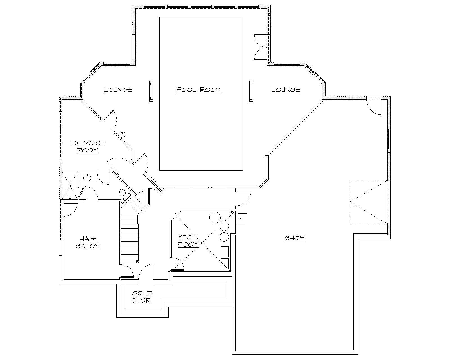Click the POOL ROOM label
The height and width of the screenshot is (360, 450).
pos(199,90)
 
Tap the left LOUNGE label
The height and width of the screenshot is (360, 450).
pos(118,90)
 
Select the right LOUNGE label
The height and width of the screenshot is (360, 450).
pos(285,90)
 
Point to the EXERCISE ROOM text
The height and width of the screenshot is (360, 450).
pos(87,147)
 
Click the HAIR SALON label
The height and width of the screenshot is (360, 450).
pos(88,242)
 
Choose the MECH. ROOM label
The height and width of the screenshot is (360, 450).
pos(188,241)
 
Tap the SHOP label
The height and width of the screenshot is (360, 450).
pos(295,238)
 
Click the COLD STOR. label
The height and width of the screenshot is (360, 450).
pos(142,297)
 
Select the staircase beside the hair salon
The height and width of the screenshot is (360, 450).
pos(130,239)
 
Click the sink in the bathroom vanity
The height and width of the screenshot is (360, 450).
pos(87,177)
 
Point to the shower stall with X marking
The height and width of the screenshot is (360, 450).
pos(69,185)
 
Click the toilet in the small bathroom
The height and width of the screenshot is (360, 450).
pos(123,193)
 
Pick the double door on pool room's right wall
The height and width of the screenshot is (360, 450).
pos(261,47)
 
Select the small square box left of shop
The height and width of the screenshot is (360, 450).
pos(242,219)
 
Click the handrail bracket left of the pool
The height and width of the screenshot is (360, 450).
pos(151,91)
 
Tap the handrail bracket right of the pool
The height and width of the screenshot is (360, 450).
pos(251,91)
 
